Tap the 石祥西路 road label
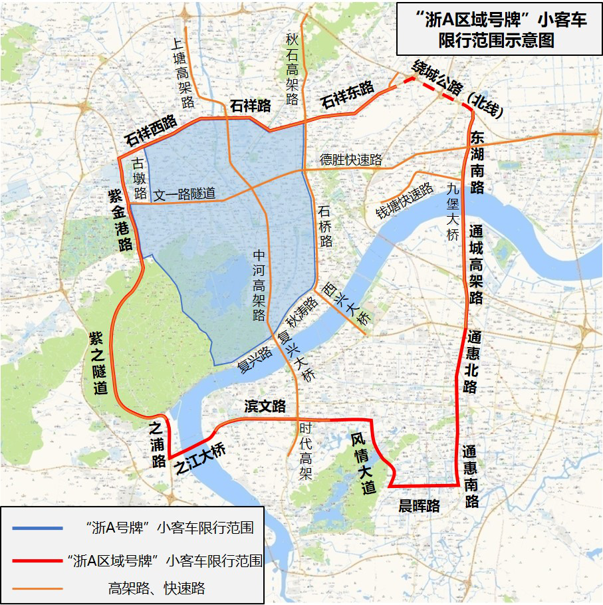point(151,131)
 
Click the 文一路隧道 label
point(185,194)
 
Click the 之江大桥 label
point(199,457)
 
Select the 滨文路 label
point(265,406)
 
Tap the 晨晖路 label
point(419,506)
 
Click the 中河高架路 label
point(259,285)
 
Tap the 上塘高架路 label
point(181,72)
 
